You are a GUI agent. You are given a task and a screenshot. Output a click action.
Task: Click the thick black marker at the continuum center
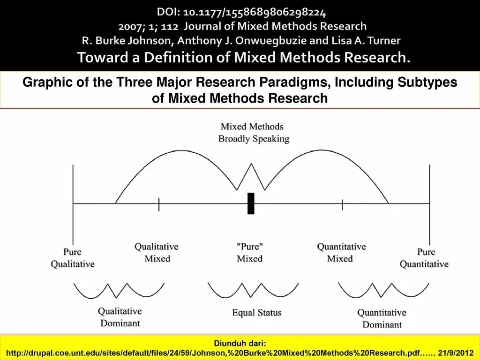(x=251, y=203)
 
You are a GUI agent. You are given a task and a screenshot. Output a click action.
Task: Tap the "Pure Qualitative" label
(x=73, y=258)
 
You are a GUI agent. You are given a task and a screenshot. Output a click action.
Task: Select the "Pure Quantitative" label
(x=424, y=258)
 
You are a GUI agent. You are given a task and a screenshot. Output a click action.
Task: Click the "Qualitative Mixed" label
(x=157, y=252)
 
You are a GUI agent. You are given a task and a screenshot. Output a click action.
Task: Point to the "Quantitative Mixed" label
(x=341, y=252)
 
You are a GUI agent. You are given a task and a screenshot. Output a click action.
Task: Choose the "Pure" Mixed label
(x=249, y=252)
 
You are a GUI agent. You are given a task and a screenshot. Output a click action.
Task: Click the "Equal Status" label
(x=257, y=312)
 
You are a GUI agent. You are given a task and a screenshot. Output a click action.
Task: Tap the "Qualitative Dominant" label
(x=120, y=317)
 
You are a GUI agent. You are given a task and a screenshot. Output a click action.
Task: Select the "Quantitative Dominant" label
(x=382, y=318)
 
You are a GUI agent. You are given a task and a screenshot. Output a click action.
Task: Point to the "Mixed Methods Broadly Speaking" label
(x=254, y=133)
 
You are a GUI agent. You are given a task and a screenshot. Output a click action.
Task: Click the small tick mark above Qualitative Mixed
(x=159, y=204)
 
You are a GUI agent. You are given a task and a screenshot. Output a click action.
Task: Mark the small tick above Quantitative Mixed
(x=342, y=204)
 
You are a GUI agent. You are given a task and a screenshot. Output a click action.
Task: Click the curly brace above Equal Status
(x=253, y=291)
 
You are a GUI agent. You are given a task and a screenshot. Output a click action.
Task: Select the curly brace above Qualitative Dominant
(x=119, y=291)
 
